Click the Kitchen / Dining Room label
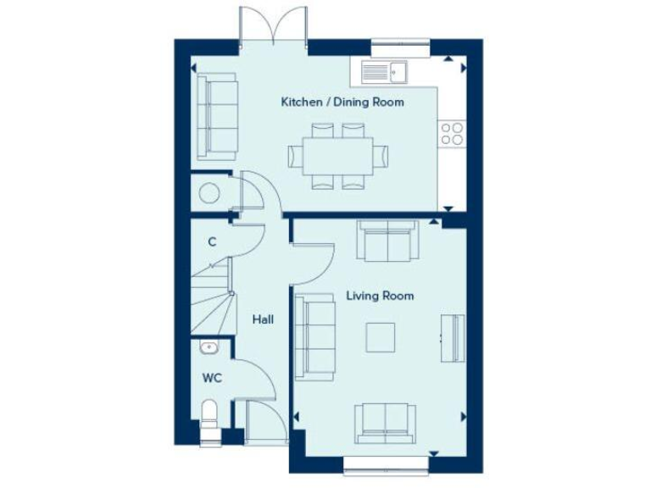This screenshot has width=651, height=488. [x=342, y=102]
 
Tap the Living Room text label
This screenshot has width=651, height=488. [x=380, y=296]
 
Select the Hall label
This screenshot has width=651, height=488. [x=262, y=319]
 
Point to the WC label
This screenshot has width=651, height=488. [x=211, y=378]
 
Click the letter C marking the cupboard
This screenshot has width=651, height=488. [x=212, y=241]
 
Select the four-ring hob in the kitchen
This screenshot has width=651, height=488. [x=451, y=132]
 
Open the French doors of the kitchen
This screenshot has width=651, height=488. [x=272, y=25]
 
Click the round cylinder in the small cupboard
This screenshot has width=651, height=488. [x=208, y=193]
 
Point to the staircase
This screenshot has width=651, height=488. [x=212, y=297]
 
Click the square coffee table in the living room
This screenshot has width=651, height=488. [x=380, y=336]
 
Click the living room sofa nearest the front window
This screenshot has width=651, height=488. [x=386, y=423]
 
